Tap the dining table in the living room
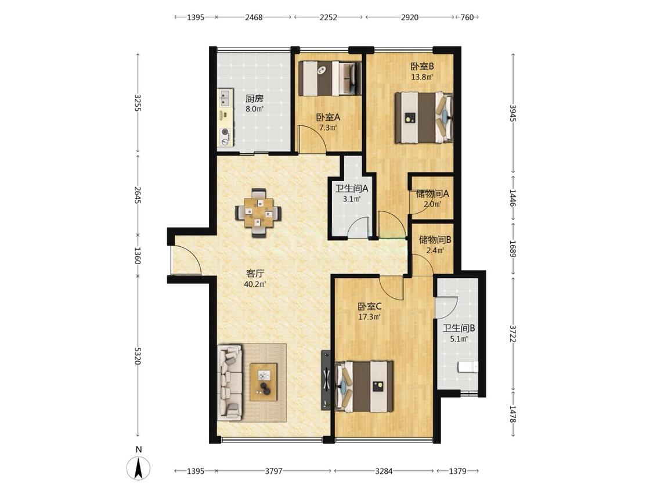258,212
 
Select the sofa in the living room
229,381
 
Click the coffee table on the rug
263,381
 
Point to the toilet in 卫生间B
468,367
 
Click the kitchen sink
225,98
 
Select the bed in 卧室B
424,117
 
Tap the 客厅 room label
255,274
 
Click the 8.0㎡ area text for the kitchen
254,109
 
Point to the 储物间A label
432,194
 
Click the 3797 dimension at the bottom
273,471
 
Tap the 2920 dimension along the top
409,17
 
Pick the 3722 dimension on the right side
513,334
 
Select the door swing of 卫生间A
359,228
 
